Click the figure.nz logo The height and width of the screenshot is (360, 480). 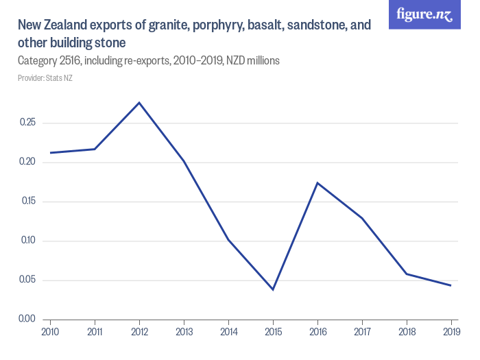pyautogui.click(x=424, y=14)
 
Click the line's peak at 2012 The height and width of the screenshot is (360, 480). pyautogui.click(x=139, y=103)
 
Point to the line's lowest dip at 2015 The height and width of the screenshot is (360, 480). pyautogui.click(x=273, y=289)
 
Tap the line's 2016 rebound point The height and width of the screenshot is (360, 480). pyautogui.click(x=317, y=182)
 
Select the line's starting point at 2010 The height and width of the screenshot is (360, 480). pyautogui.click(x=50, y=153)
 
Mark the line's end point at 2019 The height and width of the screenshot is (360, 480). pyautogui.click(x=451, y=285)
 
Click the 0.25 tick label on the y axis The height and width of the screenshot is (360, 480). pyautogui.click(x=27, y=123)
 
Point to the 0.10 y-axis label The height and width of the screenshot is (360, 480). pyautogui.click(x=27, y=241)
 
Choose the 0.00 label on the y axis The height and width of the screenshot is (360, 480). pyautogui.click(x=27, y=319)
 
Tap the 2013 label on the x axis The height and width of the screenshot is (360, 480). pyautogui.click(x=184, y=332)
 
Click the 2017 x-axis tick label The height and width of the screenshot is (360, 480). pyautogui.click(x=362, y=332)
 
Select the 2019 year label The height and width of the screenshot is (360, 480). pyautogui.click(x=451, y=332)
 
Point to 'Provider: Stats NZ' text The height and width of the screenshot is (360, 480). pyautogui.click(x=45, y=78)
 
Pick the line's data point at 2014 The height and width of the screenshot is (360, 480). pyautogui.click(x=228, y=240)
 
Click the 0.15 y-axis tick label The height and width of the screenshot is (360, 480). pyautogui.click(x=27, y=202)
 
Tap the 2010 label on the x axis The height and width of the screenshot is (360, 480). pyautogui.click(x=50, y=332)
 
